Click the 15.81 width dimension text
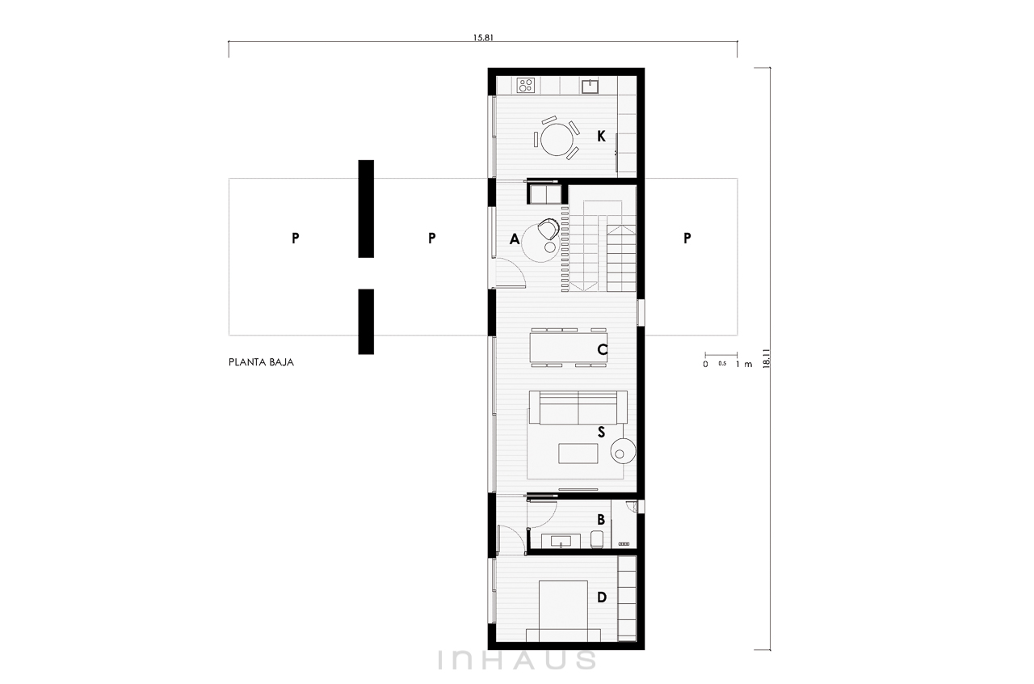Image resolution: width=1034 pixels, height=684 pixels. click(x=483, y=37)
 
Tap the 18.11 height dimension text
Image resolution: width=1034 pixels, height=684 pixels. click(x=767, y=358)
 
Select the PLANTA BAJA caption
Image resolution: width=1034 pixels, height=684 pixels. click(x=261, y=362)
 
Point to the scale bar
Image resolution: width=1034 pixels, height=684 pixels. click(x=721, y=356)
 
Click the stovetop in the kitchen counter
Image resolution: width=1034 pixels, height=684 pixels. click(x=526, y=85)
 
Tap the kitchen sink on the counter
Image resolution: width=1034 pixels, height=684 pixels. click(x=590, y=86)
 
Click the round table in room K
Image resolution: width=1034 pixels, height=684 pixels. click(x=557, y=139)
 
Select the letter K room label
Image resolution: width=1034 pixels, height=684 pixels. click(x=601, y=136)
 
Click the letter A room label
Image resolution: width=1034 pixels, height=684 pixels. click(x=515, y=239)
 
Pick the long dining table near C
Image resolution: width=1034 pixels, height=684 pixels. click(x=568, y=348)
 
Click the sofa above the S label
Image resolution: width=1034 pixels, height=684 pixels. click(x=578, y=407)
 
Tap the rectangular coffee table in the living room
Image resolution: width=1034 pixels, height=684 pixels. click(x=578, y=454)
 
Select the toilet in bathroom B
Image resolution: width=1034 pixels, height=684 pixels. click(x=597, y=539)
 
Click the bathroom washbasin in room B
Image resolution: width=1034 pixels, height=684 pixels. click(x=561, y=541)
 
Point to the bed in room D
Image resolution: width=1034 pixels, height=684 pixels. click(x=563, y=611)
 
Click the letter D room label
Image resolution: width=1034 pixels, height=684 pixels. click(x=602, y=597)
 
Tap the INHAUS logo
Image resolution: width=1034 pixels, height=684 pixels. click(x=517, y=660)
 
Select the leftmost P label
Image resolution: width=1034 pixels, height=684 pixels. click(x=296, y=238)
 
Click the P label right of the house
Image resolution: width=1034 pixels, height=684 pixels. click(x=687, y=238)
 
